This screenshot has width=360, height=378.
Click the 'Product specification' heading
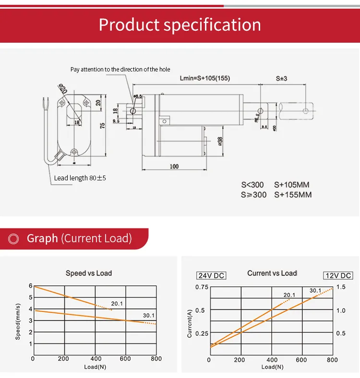180,24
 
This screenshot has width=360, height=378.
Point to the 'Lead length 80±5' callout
80,178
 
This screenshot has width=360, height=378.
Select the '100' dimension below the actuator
174,166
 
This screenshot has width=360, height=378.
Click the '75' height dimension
102,126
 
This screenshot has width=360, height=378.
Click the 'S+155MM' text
293,195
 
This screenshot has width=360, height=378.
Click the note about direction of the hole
120,70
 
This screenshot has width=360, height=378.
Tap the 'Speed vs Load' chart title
89,273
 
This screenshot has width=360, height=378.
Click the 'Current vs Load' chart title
272,273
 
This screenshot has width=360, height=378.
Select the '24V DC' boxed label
212,275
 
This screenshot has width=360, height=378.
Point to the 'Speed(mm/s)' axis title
18,321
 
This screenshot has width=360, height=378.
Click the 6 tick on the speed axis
30,286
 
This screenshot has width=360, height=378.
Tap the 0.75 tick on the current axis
202,287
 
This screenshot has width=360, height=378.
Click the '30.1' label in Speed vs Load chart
148,315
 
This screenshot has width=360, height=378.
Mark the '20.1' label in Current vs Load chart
289,295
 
